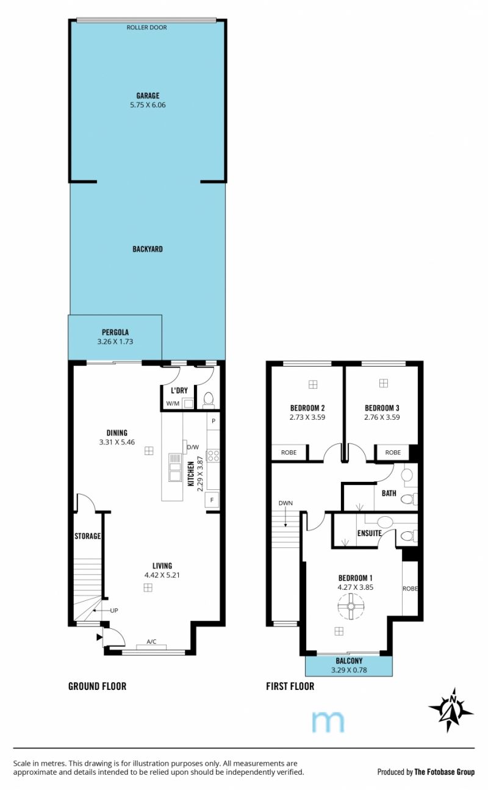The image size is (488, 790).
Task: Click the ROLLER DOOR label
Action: (x=146, y=27)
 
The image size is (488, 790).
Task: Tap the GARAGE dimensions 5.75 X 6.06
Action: (x=148, y=105)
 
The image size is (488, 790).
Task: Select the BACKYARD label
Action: (x=148, y=249)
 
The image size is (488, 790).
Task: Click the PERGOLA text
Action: (x=115, y=332)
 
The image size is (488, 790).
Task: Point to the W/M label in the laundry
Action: (x=173, y=403)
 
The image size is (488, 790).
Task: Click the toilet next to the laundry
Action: (x=209, y=399)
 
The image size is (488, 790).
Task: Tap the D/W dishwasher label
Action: (x=193, y=447)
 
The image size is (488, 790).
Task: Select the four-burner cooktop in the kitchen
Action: (x=213, y=455)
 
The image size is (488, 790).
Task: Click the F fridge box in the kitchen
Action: (x=212, y=500)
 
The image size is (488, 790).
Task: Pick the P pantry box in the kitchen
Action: (x=213, y=421)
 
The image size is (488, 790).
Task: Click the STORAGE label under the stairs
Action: (x=87, y=536)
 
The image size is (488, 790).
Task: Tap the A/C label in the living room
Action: (x=152, y=642)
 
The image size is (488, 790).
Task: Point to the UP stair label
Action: (x=114, y=611)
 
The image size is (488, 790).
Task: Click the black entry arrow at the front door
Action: (x=99, y=637)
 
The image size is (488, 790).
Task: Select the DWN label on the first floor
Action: (x=285, y=503)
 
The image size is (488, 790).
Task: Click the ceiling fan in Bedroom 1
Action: (x=351, y=606)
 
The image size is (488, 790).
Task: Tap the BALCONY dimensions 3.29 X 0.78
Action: (x=349, y=670)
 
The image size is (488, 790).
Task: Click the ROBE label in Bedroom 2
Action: (x=289, y=453)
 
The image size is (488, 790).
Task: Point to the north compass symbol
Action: (x=451, y=709)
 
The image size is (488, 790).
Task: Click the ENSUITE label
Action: (x=370, y=533)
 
